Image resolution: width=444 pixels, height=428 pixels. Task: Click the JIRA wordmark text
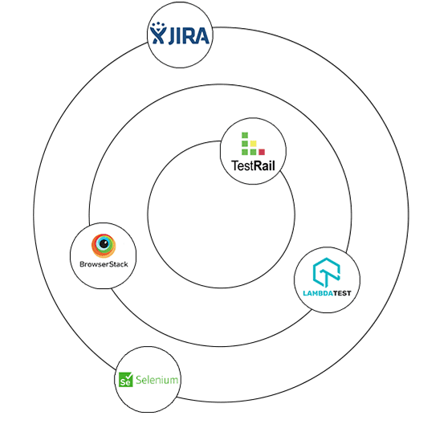click(189, 36)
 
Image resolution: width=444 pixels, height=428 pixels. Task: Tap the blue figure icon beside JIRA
click(158, 33)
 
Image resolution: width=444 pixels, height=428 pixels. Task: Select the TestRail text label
click(253, 165)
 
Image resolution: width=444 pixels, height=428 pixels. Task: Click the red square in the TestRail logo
click(262, 152)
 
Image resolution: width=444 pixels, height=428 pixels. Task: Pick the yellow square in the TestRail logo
click(253, 144)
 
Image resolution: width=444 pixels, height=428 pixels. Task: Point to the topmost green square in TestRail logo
click(245, 135)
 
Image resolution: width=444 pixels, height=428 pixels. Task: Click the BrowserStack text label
click(104, 264)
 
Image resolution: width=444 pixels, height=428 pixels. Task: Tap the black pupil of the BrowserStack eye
click(104, 243)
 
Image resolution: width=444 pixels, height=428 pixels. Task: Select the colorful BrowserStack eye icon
click(104, 246)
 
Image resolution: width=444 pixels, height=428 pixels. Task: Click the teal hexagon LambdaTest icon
click(327, 272)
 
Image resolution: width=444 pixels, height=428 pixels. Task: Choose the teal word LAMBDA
click(318, 293)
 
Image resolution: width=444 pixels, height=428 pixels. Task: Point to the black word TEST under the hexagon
click(342, 293)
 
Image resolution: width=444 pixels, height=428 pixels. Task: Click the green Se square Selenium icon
click(126, 380)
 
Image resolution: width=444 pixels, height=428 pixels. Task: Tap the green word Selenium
click(157, 380)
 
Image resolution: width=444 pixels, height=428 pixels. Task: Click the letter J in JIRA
click(172, 36)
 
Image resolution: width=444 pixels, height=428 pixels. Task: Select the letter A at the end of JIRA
click(202, 35)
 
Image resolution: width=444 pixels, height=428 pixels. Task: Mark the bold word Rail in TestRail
click(264, 165)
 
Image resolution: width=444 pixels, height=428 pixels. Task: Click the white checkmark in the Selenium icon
click(128, 377)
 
